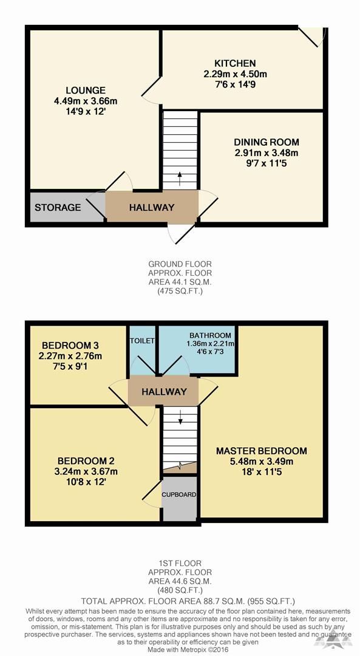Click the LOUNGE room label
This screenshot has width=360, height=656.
(86, 91)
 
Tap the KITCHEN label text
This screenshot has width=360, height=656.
(235, 64)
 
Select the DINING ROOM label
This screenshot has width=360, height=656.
(267, 142)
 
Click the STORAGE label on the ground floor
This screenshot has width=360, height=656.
(58, 207)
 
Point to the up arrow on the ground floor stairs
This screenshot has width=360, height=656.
(180, 179)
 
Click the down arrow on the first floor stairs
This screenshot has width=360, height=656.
(180, 417)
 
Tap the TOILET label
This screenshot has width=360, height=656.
(142, 341)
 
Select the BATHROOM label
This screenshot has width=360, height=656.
(210, 335)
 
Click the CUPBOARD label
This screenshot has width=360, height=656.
(179, 494)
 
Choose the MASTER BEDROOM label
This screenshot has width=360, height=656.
(261, 451)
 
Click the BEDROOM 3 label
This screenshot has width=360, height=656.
(70, 346)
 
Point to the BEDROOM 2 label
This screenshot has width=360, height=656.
(86, 461)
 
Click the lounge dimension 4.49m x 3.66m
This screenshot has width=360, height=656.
(86, 101)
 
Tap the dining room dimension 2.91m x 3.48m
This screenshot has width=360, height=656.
(267, 152)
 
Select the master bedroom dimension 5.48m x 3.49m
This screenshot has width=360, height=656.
(261, 462)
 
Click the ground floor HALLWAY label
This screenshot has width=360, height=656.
(152, 207)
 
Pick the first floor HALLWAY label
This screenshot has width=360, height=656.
(164, 392)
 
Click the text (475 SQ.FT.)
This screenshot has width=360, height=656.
(180, 291)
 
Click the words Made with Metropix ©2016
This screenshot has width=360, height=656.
(180, 650)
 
